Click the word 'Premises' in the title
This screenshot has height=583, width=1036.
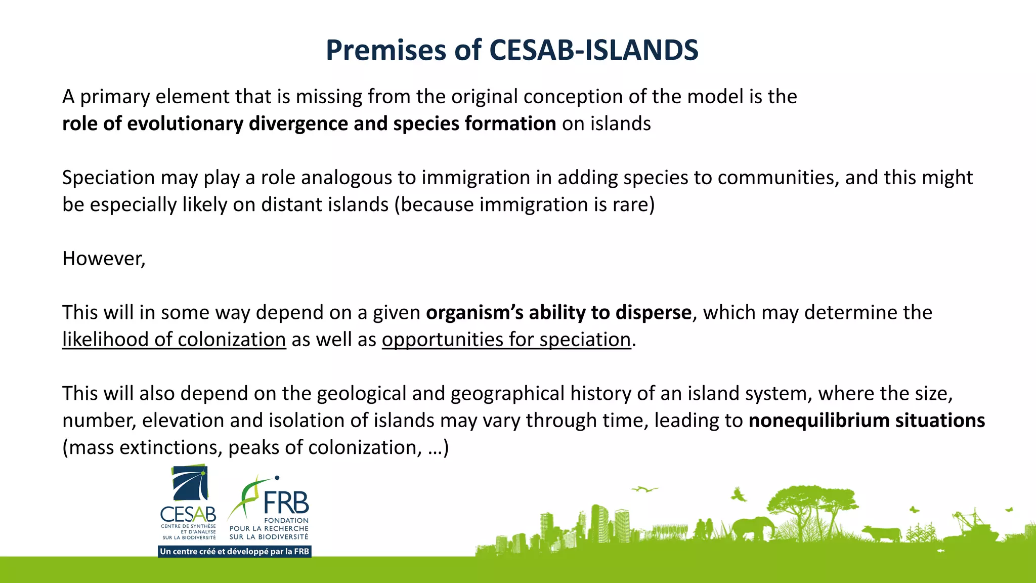point(385,50)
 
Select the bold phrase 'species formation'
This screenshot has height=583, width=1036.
point(474,123)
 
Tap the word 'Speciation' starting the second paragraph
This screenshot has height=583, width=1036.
point(108,178)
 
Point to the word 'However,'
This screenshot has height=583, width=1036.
point(104,259)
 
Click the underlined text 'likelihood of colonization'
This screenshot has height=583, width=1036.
point(174,340)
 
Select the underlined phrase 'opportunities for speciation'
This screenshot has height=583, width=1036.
point(506,340)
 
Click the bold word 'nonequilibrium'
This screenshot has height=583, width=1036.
point(819,421)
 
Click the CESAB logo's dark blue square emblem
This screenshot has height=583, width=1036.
point(190,483)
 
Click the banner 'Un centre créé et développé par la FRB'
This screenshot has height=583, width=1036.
point(235,551)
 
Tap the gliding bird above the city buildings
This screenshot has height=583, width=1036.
point(644,489)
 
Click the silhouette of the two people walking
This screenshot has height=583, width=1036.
point(704,529)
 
